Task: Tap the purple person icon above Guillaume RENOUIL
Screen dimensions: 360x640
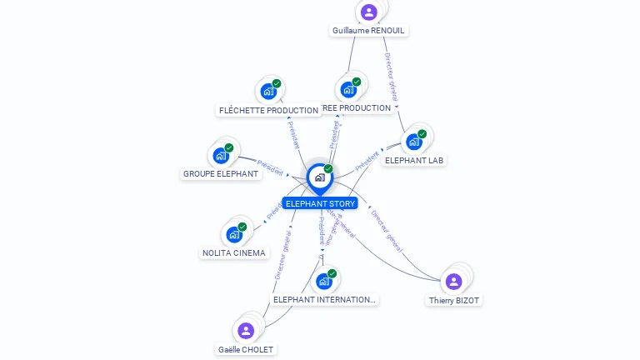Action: (x=369, y=12)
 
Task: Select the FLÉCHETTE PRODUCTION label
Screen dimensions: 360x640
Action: (x=268, y=110)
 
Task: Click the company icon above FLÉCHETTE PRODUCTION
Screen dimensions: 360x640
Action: (x=268, y=91)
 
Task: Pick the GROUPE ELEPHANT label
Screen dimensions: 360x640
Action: (x=220, y=174)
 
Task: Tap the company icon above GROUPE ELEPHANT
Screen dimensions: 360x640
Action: (x=221, y=155)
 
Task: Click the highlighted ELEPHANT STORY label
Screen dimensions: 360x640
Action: (x=320, y=203)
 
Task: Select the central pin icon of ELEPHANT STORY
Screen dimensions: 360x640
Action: (x=319, y=177)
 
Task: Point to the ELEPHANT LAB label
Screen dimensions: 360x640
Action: (x=413, y=160)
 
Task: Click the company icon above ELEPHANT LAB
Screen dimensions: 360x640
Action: (x=413, y=142)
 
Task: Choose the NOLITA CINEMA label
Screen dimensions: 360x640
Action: (x=234, y=252)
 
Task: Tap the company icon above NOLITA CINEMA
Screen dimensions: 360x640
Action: (x=234, y=234)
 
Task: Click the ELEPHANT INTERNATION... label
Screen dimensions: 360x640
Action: (x=324, y=299)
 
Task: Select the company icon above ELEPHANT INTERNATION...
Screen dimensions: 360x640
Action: (x=324, y=281)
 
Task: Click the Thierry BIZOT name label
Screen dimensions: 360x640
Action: (x=454, y=300)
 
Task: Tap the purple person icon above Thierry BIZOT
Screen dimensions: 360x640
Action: (x=454, y=281)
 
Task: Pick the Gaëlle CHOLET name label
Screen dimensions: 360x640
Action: (x=245, y=349)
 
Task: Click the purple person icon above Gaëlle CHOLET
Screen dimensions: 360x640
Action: (x=246, y=331)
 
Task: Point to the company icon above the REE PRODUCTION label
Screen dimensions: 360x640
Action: (x=348, y=89)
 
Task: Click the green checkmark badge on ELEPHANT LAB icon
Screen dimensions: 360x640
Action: (x=422, y=134)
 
